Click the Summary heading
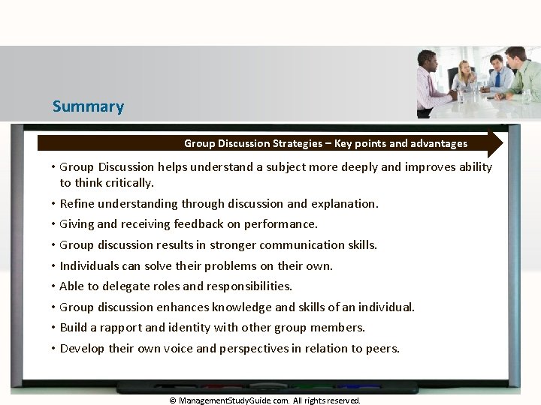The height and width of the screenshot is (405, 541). pyautogui.click(x=88, y=106)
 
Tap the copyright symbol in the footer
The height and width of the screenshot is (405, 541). pyautogui.click(x=173, y=400)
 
